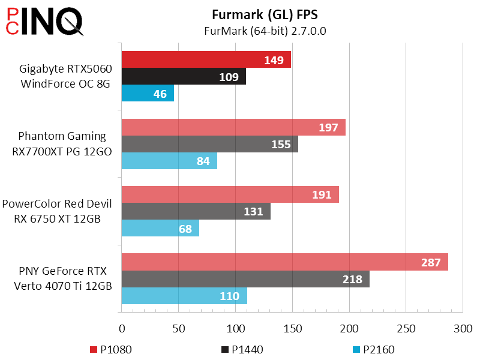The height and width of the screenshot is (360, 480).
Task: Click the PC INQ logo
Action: click(x=45, y=22)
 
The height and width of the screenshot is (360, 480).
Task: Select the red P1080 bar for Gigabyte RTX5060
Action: click(x=206, y=59)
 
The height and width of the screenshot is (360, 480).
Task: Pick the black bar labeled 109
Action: click(x=184, y=76)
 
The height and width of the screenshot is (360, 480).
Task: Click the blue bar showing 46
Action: click(x=148, y=94)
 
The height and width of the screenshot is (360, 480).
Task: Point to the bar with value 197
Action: click(x=233, y=127)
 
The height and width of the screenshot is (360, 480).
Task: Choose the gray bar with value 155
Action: click(x=209, y=144)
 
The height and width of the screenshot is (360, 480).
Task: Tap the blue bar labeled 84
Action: click(x=169, y=161)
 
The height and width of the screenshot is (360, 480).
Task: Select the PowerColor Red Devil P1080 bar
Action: click(x=230, y=194)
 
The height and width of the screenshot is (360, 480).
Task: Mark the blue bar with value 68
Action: click(x=160, y=229)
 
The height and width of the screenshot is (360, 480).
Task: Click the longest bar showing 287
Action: click(x=284, y=262)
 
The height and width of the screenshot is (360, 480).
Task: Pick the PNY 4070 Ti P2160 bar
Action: click(x=184, y=296)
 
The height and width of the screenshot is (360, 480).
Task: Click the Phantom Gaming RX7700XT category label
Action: click(x=62, y=144)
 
